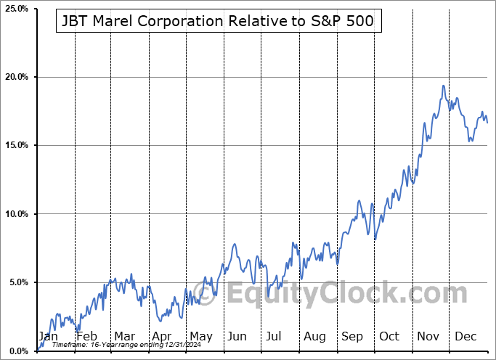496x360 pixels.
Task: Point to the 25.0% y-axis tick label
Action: [16, 9]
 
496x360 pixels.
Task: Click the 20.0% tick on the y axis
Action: [16, 77]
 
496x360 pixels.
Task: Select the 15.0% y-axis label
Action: [16, 145]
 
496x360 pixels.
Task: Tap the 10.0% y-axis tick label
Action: [16, 214]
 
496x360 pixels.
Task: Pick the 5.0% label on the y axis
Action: [18, 282]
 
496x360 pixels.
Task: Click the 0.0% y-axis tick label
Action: [18, 351]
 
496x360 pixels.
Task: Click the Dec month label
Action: [465, 337]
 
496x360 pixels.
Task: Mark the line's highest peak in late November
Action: [443, 86]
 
